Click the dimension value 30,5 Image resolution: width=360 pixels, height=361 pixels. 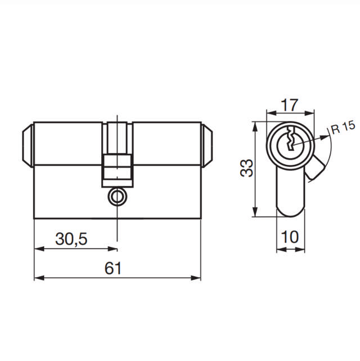pos(71,240)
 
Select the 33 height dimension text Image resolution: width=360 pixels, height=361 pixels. pos(246,168)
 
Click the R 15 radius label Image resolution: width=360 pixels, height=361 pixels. pos(343,128)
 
